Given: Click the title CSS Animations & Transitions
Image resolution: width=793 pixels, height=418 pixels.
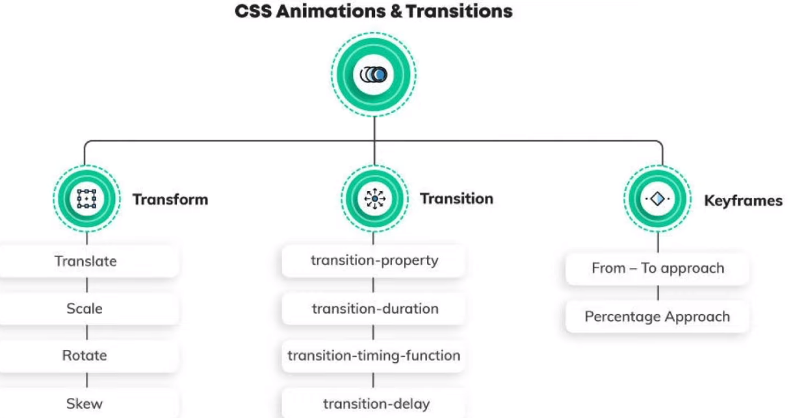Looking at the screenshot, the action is (374, 11).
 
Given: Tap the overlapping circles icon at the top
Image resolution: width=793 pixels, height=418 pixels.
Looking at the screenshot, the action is (374, 75).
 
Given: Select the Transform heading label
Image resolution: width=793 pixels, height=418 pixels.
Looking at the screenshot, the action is (170, 199).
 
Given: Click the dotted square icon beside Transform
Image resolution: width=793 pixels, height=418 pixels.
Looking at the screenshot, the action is (86, 199).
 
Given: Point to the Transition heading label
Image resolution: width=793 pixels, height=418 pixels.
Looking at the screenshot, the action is (457, 199).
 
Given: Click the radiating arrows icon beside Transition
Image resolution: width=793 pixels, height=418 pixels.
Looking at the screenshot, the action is (374, 199).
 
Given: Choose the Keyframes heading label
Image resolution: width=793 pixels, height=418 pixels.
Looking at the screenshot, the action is (743, 201).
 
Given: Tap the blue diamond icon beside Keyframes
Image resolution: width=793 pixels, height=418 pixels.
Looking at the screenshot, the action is (657, 199).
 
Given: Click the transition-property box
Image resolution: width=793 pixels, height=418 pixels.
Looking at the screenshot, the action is (373, 260).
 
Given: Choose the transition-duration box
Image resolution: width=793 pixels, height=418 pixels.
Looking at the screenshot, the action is (373, 309).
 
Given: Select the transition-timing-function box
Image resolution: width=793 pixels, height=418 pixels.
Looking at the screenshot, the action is (373, 356).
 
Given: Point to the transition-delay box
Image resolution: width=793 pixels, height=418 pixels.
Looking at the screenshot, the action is (373, 404).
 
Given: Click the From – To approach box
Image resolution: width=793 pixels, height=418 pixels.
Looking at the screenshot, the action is (657, 269).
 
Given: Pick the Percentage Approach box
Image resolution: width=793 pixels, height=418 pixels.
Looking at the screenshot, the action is (657, 317).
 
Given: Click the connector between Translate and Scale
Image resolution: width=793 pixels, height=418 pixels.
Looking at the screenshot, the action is (87, 285).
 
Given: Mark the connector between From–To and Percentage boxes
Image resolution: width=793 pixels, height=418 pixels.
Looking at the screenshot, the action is (658, 293).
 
